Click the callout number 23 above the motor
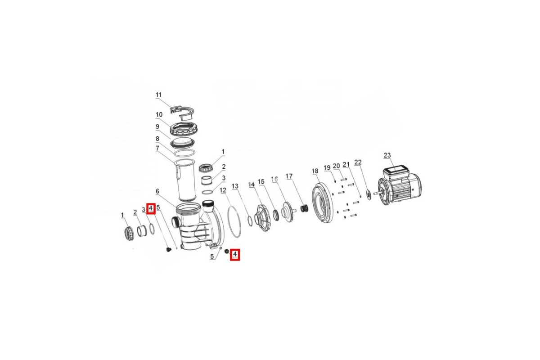point(387,156)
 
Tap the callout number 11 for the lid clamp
point(158,95)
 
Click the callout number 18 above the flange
point(315,171)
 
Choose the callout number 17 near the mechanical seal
point(289,176)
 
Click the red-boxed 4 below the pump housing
point(235,254)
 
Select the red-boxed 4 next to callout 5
point(151,208)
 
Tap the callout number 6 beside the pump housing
point(157,191)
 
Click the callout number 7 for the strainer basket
point(157,148)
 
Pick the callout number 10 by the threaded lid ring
point(159,115)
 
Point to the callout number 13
point(235,186)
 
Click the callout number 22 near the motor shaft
point(358,162)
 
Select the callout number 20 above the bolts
point(336,166)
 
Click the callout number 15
point(261,181)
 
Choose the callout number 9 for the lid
point(157,126)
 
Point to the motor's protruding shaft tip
point(374,193)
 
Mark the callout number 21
point(346,164)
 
